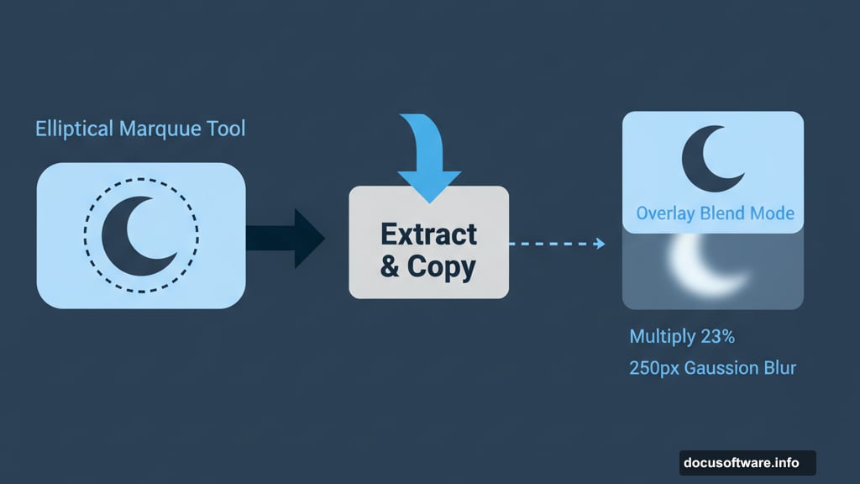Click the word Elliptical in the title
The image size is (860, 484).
click(74, 129)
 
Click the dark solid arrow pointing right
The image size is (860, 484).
click(286, 237)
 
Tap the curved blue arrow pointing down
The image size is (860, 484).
click(428, 160)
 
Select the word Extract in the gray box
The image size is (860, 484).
click(428, 234)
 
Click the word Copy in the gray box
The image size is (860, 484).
click(442, 266)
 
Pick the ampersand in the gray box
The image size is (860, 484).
click(390, 267)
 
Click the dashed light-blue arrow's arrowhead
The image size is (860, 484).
click(599, 244)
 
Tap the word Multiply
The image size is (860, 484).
click(663, 337)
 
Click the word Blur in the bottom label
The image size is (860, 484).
click(778, 368)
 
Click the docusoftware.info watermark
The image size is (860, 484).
click(747, 463)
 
